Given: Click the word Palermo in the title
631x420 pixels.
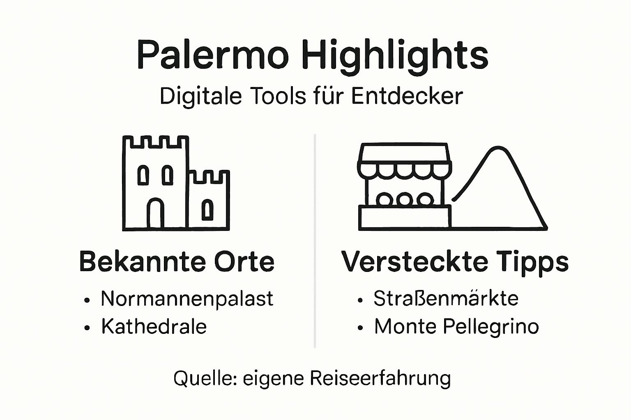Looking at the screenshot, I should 212,55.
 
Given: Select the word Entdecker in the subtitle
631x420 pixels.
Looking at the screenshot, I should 407,96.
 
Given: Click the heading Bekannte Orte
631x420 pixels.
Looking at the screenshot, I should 177,261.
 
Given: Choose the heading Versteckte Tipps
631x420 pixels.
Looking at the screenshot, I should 455,261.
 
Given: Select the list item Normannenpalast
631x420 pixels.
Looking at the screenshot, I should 187,298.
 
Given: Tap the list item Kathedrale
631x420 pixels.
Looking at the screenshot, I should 154,327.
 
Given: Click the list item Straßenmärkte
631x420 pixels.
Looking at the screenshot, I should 446,298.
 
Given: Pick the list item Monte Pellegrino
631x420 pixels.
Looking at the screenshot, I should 456,327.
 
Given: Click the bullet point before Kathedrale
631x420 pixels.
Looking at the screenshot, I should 87,328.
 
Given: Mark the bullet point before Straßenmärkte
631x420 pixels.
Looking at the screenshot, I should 360,300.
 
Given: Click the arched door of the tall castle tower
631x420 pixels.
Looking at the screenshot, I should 156,214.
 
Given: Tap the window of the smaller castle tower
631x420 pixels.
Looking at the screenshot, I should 208,210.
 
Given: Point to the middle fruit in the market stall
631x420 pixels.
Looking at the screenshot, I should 405,200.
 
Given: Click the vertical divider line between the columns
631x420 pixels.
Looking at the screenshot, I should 315,242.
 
